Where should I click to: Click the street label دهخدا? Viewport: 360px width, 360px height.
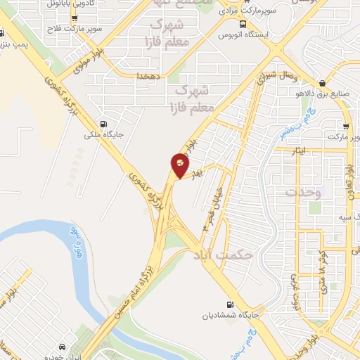pos(150,75)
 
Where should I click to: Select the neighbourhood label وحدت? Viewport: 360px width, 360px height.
pos(302,191)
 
